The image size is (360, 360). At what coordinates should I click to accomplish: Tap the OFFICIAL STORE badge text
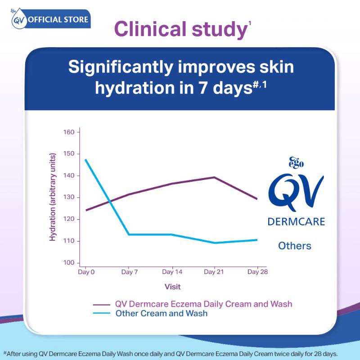58,19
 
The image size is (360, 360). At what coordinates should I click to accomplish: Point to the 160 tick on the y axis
69,132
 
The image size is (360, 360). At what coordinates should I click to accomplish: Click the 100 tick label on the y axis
69,263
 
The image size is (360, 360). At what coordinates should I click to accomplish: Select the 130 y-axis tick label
69,197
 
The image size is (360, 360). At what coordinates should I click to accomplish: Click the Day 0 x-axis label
86,272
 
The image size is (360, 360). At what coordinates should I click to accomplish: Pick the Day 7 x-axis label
130,272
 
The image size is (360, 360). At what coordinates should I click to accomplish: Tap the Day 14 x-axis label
172,272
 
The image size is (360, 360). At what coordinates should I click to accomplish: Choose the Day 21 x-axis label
214,272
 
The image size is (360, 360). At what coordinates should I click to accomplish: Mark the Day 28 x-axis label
257,272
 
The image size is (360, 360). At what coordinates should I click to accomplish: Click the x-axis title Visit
173,287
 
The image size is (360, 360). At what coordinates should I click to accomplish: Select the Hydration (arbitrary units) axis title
52,197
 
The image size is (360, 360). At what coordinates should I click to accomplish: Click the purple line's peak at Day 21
214,177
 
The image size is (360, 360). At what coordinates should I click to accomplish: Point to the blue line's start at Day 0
85,159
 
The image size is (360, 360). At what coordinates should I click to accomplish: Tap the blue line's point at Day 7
129,234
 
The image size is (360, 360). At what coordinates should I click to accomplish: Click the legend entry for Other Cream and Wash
150,313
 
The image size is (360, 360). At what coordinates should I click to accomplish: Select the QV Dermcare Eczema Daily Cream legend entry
193,304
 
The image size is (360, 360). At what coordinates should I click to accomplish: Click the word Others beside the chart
295,246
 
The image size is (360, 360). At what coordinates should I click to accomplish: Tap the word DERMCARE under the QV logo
297,222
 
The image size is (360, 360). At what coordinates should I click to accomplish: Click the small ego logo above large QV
296,163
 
